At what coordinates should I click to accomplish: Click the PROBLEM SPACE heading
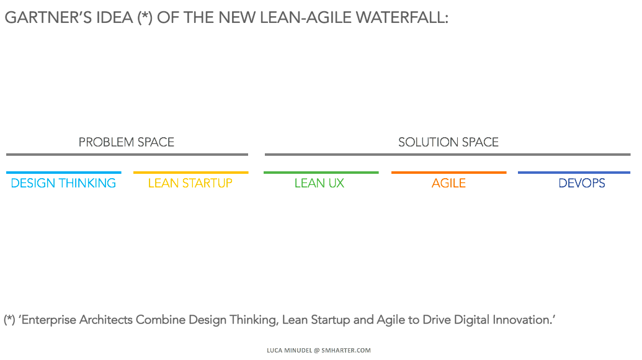[x=127, y=142]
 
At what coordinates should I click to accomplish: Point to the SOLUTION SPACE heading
[x=448, y=142]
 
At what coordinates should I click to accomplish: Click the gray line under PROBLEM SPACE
[x=127, y=155]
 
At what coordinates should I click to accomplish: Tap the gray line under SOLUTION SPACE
[x=447, y=155]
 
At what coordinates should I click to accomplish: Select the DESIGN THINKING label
[x=63, y=183]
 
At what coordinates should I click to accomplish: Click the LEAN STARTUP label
[x=190, y=183]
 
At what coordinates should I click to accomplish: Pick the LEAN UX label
[x=319, y=183]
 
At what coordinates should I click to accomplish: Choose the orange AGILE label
[x=448, y=183]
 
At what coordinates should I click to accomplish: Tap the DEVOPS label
[x=582, y=183]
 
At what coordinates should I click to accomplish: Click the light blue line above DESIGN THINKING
[x=64, y=173]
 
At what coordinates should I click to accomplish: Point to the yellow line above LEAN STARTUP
[x=191, y=173]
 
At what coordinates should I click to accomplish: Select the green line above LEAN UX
[x=321, y=173]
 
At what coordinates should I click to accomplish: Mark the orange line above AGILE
[x=448, y=173]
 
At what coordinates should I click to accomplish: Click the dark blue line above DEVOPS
[x=574, y=173]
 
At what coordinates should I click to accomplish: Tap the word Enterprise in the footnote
[x=49, y=320]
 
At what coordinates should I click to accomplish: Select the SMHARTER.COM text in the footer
[x=346, y=350]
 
